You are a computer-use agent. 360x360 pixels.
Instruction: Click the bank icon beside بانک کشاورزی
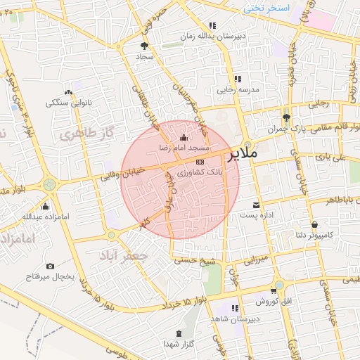(200, 161)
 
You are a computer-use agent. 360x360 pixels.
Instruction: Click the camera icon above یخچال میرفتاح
(50, 266)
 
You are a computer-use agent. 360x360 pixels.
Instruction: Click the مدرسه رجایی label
(237, 90)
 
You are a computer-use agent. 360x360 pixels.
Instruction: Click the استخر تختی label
(267, 8)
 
